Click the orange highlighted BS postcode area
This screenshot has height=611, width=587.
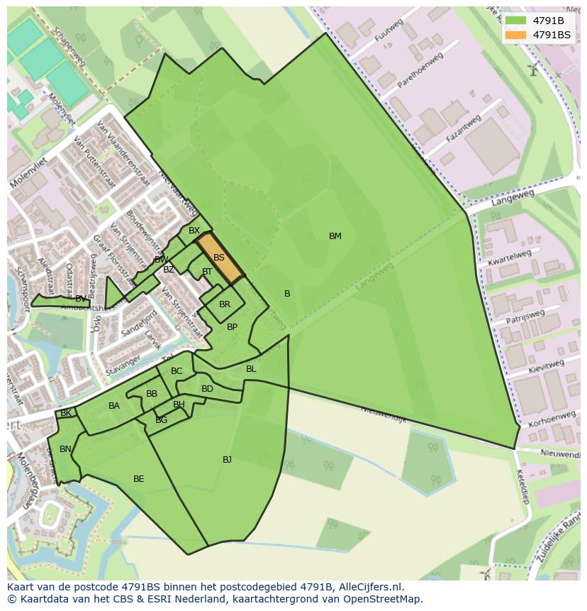click(220, 258)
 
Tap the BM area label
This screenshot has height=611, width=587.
click(335, 236)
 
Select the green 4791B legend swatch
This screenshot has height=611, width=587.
click(516, 21)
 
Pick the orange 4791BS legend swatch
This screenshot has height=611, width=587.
click(516, 35)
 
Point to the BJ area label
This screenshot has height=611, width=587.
click(227, 460)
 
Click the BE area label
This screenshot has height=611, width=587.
click(139, 479)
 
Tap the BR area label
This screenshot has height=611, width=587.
click(225, 304)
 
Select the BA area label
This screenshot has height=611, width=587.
click(114, 406)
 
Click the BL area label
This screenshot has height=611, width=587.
click(251, 369)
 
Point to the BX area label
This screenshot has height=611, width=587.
click(194, 231)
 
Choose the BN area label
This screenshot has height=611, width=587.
click(65, 449)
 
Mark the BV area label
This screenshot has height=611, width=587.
click(81, 299)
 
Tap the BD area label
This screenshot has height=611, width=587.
click(207, 389)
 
